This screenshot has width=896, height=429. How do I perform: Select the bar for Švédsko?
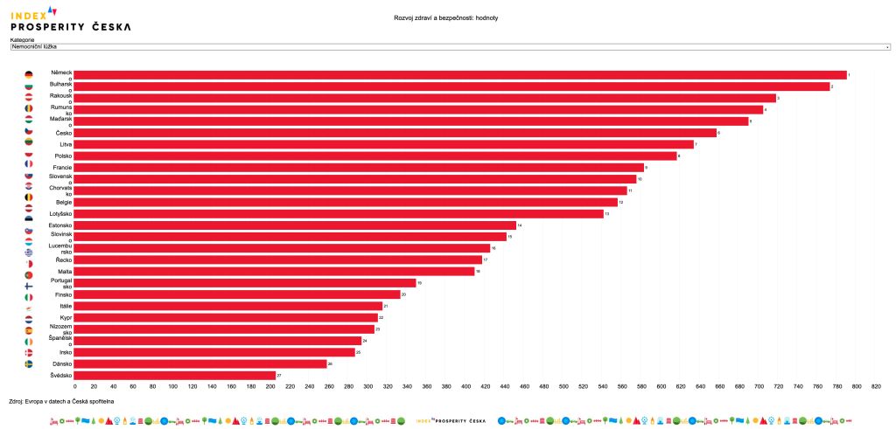coord(175,375)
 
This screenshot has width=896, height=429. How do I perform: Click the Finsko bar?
coord(237,294)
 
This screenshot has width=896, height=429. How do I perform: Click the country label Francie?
coord(62,167)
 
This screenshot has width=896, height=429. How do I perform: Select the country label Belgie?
coord(63,202)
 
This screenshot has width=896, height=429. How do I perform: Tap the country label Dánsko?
coord(61,363)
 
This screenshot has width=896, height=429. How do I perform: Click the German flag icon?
coord(29,75)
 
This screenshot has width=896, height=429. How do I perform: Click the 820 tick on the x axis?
coord(876,386)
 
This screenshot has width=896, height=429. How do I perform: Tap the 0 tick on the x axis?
coord(75,386)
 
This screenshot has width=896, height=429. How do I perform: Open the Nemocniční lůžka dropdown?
coord(450,47)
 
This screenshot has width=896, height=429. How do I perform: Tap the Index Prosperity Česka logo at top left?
coord(70,18)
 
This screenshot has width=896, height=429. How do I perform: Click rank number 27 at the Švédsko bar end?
coord(279,375)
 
